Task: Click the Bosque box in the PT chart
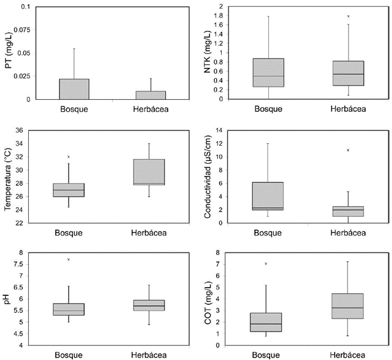[x=74, y=89]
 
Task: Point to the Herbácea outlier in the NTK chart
[x=347, y=16]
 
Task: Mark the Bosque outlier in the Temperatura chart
[x=68, y=157]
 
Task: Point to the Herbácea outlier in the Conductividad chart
[x=347, y=150]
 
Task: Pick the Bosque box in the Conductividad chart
[x=268, y=196]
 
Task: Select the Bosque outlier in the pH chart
[x=68, y=259]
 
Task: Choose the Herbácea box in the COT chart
[x=347, y=306]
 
